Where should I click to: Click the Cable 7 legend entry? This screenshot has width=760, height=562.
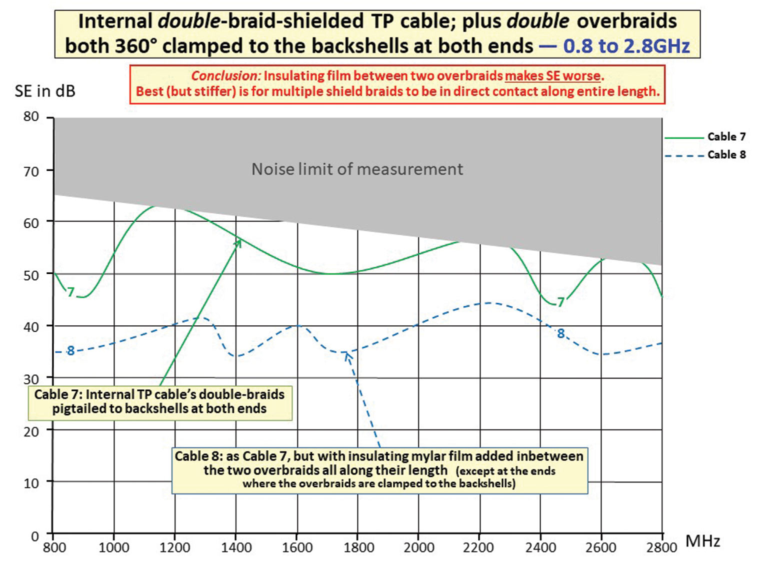726,137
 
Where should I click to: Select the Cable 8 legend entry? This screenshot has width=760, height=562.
726,155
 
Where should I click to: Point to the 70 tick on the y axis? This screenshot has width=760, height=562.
31,171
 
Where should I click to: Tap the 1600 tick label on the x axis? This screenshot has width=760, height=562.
297,547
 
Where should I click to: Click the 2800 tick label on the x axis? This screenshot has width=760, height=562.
661,547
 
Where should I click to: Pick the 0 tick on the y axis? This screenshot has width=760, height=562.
34,536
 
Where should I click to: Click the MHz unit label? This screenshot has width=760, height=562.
702,541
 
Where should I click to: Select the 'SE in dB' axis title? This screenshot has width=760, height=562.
45,91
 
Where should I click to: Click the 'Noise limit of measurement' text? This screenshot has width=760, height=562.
357,169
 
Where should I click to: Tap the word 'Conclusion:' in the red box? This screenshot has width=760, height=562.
225,76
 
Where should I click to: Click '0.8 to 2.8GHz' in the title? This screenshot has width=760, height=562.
626,46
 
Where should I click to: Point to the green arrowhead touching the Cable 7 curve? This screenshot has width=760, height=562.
238,242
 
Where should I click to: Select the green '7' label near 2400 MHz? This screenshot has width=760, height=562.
561,302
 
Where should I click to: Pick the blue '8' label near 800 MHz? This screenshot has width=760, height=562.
70,351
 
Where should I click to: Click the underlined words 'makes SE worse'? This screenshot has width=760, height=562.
552,76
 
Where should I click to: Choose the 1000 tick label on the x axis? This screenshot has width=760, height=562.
114,547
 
